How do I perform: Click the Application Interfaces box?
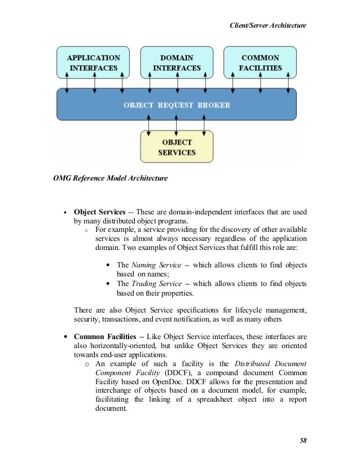coord(93,62)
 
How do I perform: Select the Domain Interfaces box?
coord(177,62)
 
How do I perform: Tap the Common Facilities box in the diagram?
coord(261,62)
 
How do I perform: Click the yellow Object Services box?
coord(177,147)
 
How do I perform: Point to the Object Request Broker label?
coord(177,105)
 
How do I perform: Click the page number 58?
coord(302,440)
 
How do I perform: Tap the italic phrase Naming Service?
coord(156,265)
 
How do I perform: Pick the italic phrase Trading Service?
coord(157,284)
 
